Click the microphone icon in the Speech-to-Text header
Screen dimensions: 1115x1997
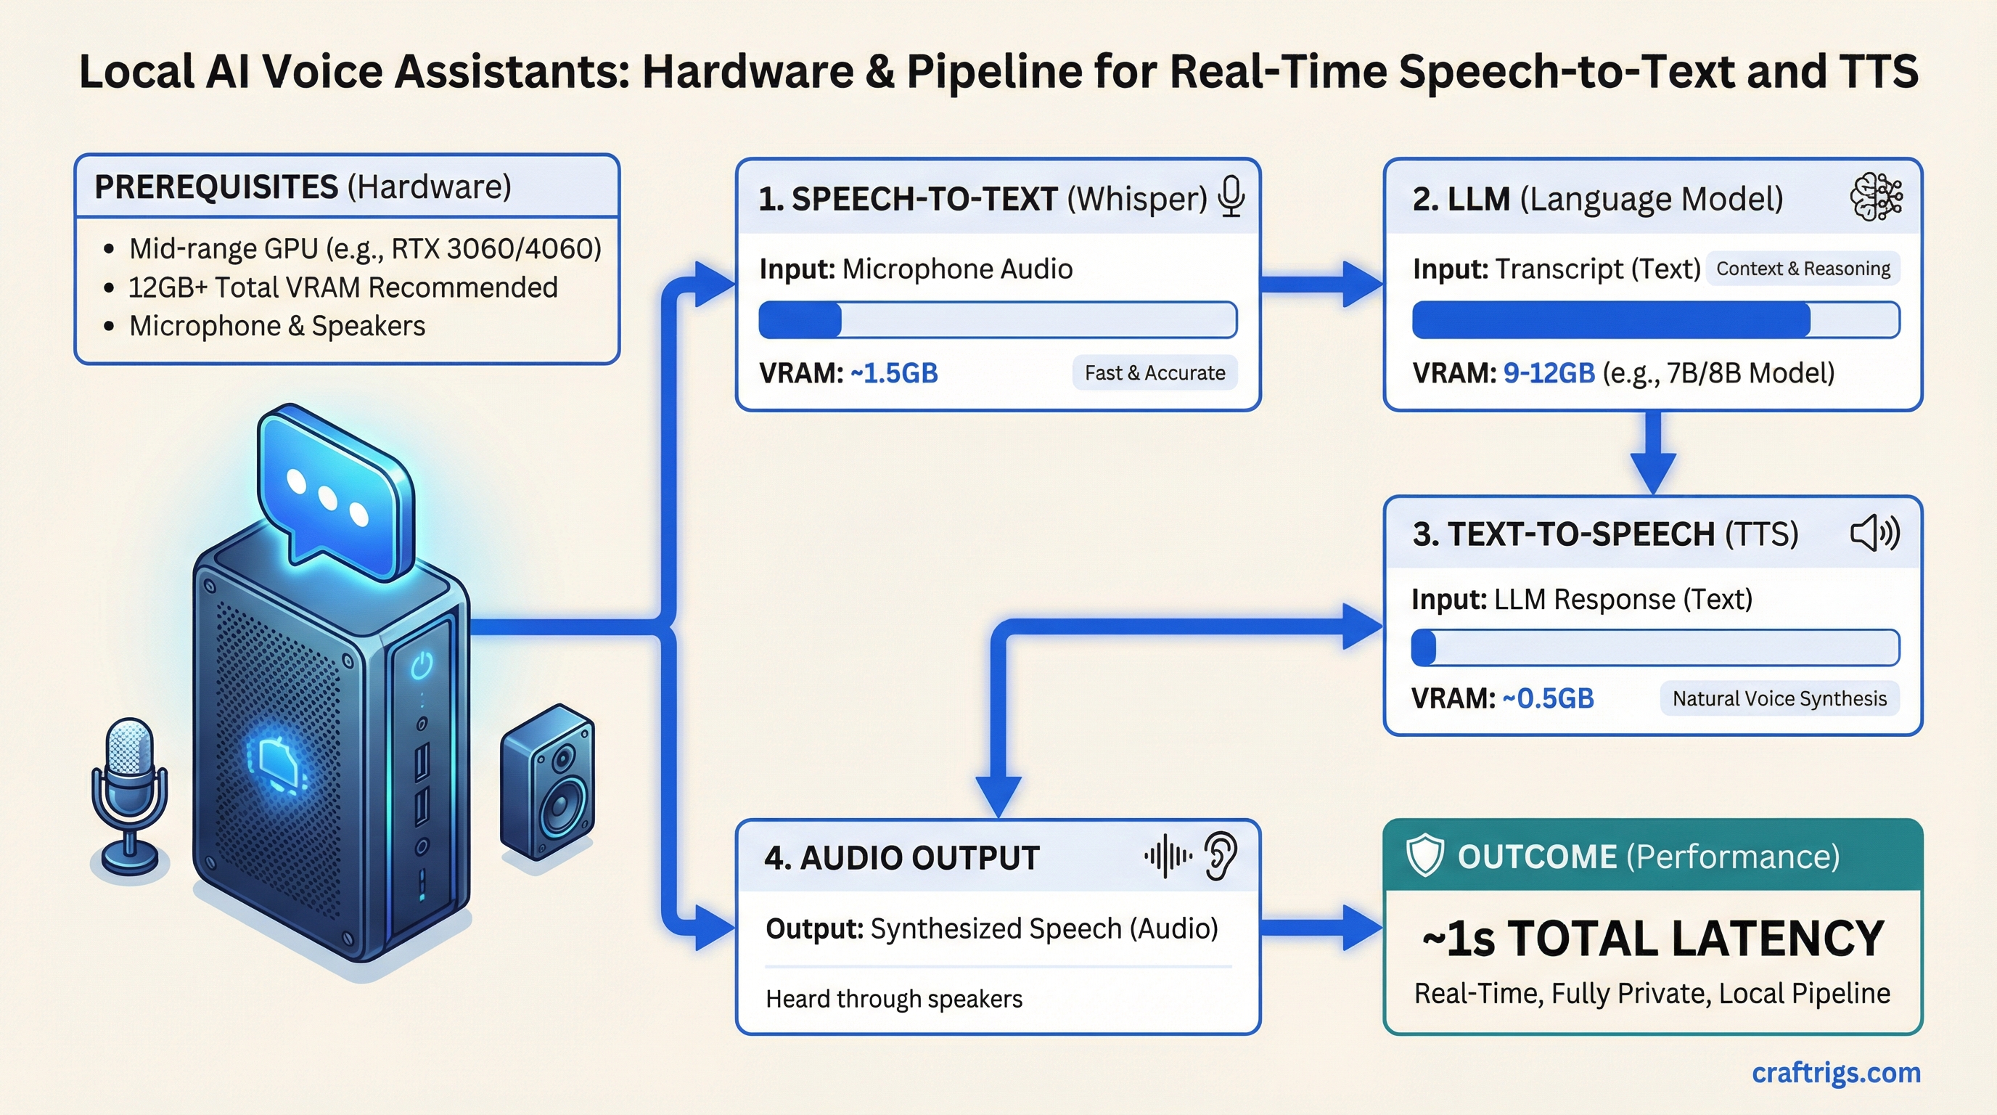coord(1231,197)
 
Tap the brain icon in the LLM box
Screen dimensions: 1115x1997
coord(1875,197)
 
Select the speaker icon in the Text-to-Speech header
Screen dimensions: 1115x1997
coord(1874,534)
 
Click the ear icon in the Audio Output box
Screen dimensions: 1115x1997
coord(1221,856)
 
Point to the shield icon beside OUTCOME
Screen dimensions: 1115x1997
coord(1424,856)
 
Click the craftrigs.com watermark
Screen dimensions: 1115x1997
coord(1836,1072)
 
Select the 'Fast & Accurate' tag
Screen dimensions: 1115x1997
coord(1155,373)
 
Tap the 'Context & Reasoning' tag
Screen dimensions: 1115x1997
coord(1803,269)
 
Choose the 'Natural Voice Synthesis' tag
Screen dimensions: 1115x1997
coord(1779,698)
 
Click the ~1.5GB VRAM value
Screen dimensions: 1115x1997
coord(894,373)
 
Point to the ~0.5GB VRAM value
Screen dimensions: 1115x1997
coord(1547,698)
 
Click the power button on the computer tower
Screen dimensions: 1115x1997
coord(422,664)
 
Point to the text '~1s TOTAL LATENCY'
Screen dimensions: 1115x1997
coord(1653,938)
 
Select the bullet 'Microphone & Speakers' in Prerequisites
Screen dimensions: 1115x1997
coord(276,326)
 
